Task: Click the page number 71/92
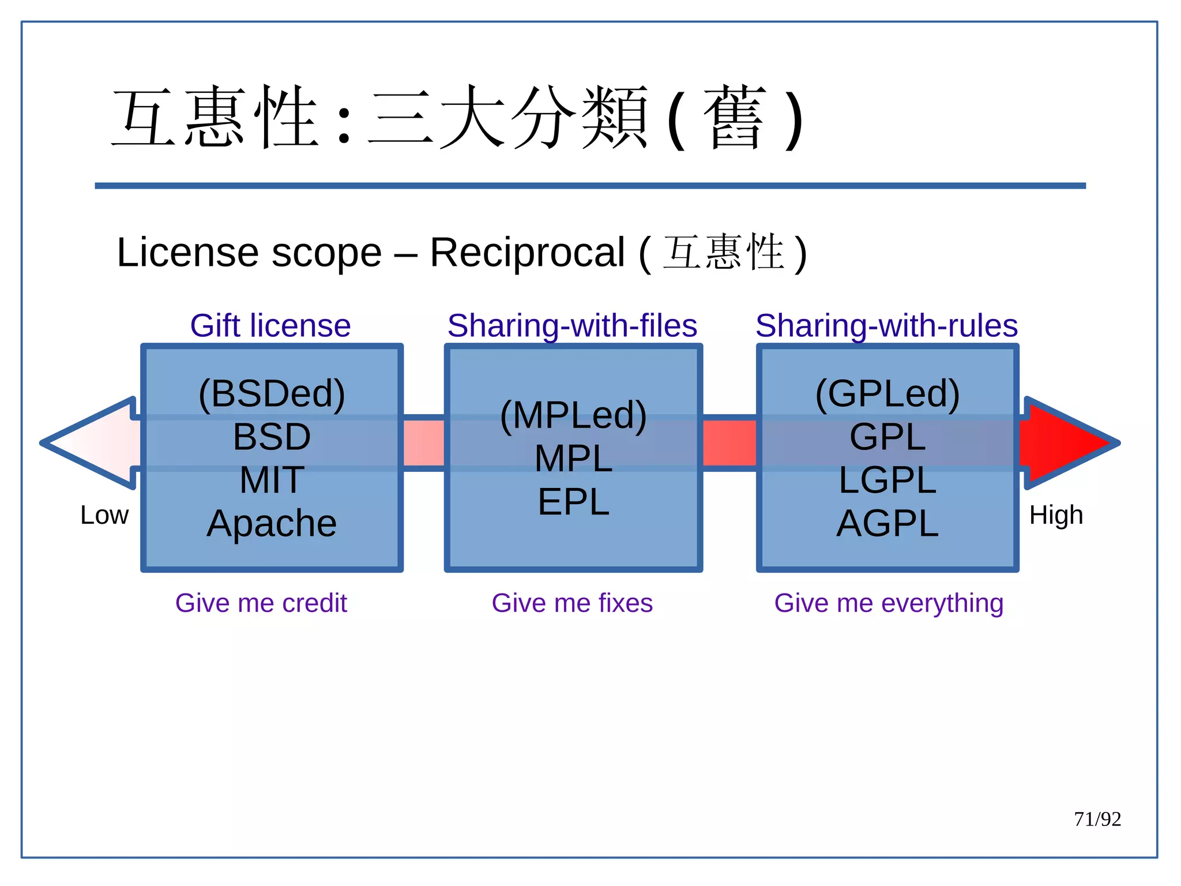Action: point(1097,819)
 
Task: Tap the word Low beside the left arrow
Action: point(104,515)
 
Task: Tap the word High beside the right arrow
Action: point(1056,515)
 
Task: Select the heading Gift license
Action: point(270,326)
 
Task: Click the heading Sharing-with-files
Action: point(572,326)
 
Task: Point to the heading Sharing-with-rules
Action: point(886,326)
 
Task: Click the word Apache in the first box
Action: point(272,524)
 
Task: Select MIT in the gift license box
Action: point(272,480)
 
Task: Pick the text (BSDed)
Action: point(272,393)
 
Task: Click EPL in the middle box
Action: point(573,502)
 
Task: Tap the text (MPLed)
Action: point(573,415)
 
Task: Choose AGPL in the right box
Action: point(887,524)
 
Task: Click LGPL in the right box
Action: point(887,480)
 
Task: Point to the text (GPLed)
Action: point(887,393)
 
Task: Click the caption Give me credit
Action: point(261,603)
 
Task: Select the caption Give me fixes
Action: point(572,603)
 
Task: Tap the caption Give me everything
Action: point(889,603)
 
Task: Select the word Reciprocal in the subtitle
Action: point(527,253)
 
